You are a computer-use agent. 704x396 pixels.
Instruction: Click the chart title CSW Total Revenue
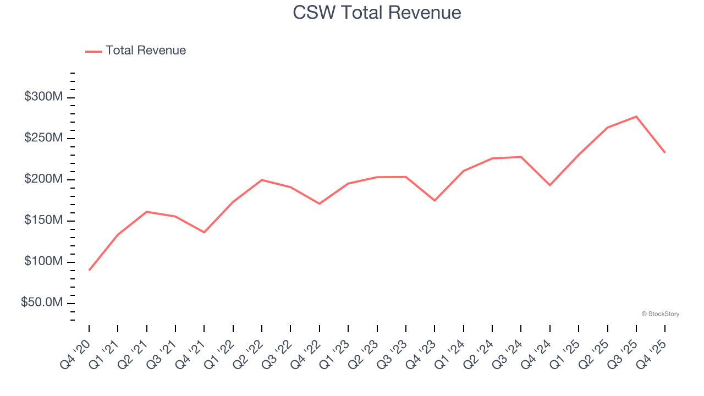pyautogui.click(x=377, y=12)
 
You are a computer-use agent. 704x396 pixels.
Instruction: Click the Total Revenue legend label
pyautogui.click(x=146, y=51)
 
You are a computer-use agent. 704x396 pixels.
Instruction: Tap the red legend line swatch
pyautogui.click(x=94, y=51)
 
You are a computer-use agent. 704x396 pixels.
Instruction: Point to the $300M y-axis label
pyautogui.click(x=43, y=97)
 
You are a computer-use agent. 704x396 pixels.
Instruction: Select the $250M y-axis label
pyautogui.click(x=43, y=138)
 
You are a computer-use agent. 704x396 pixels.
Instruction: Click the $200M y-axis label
pyautogui.click(x=43, y=179)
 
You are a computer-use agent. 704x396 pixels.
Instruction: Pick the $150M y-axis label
pyautogui.click(x=43, y=221)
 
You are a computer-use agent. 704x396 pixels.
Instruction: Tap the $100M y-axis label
pyautogui.click(x=43, y=261)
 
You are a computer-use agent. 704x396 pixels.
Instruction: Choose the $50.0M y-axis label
pyautogui.click(x=42, y=302)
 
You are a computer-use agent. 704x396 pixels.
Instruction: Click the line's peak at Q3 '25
pyautogui.click(x=636, y=117)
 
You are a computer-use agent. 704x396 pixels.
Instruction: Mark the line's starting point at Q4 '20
pyautogui.click(x=89, y=270)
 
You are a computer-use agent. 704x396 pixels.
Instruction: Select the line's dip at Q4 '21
pyautogui.click(x=204, y=232)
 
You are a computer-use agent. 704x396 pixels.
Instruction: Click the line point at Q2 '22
pyautogui.click(x=262, y=180)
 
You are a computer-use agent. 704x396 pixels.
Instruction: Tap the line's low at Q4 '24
pyautogui.click(x=549, y=185)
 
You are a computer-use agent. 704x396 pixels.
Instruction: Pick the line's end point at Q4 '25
pyautogui.click(x=664, y=152)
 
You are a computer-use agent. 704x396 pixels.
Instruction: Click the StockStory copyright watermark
pyautogui.click(x=660, y=314)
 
